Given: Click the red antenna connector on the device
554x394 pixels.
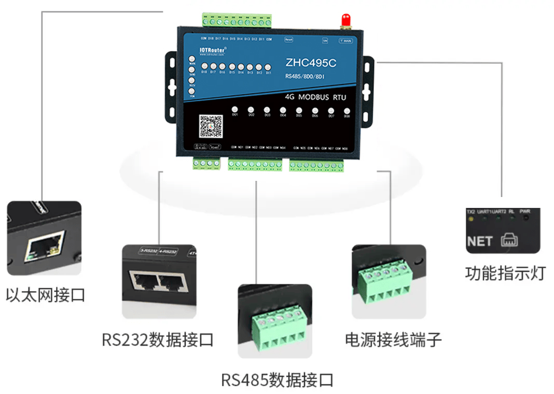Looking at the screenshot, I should (x=345, y=21).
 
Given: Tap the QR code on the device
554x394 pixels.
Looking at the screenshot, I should (x=211, y=126).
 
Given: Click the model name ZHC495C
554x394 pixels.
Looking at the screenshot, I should (x=311, y=63).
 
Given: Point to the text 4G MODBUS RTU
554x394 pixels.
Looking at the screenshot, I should (x=315, y=97).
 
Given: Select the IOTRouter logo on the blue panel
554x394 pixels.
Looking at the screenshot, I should (x=213, y=48).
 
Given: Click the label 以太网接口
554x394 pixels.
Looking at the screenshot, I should (x=45, y=295).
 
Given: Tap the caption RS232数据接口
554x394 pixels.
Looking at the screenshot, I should (x=158, y=340).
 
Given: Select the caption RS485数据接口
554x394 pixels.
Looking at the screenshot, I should (x=277, y=379).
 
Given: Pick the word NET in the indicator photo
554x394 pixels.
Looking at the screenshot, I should (x=479, y=242).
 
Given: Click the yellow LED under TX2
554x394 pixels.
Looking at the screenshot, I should (x=471, y=219).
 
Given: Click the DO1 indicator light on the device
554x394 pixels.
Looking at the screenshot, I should (x=235, y=110).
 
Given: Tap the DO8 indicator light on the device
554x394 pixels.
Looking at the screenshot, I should (x=347, y=111).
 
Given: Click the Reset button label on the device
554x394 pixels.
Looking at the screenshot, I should (x=289, y=38).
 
